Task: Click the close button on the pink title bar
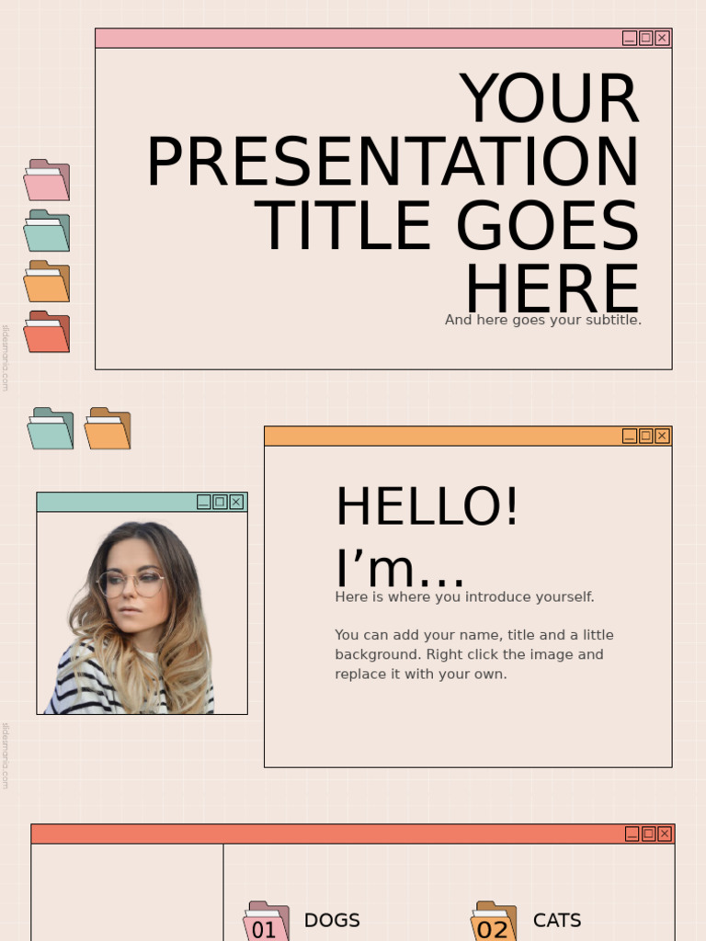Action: click(662, 38)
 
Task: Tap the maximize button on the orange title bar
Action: click(645, 436)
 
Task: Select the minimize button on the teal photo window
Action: click(204, 502)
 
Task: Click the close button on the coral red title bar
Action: click(665, 833)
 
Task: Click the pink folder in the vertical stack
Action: click(47, 181)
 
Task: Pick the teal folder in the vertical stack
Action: click(47, 232)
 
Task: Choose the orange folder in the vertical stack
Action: click(47, 282)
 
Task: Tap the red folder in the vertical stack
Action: click(47, 333)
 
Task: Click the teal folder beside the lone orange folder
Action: click(51, 429)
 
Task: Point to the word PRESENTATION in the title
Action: click(393, 164)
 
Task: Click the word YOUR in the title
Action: click(549, 99)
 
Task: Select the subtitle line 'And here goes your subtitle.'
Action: click(543, 320)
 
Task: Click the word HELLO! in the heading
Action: click(427, 507)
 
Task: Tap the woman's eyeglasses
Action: click(131, 581)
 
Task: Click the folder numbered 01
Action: click(266, 922)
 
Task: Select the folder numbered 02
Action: click(494, 922)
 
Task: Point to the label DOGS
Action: click(332, 920)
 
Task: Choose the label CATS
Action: click(557, 920)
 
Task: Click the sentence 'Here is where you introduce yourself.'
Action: click(464, 597)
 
